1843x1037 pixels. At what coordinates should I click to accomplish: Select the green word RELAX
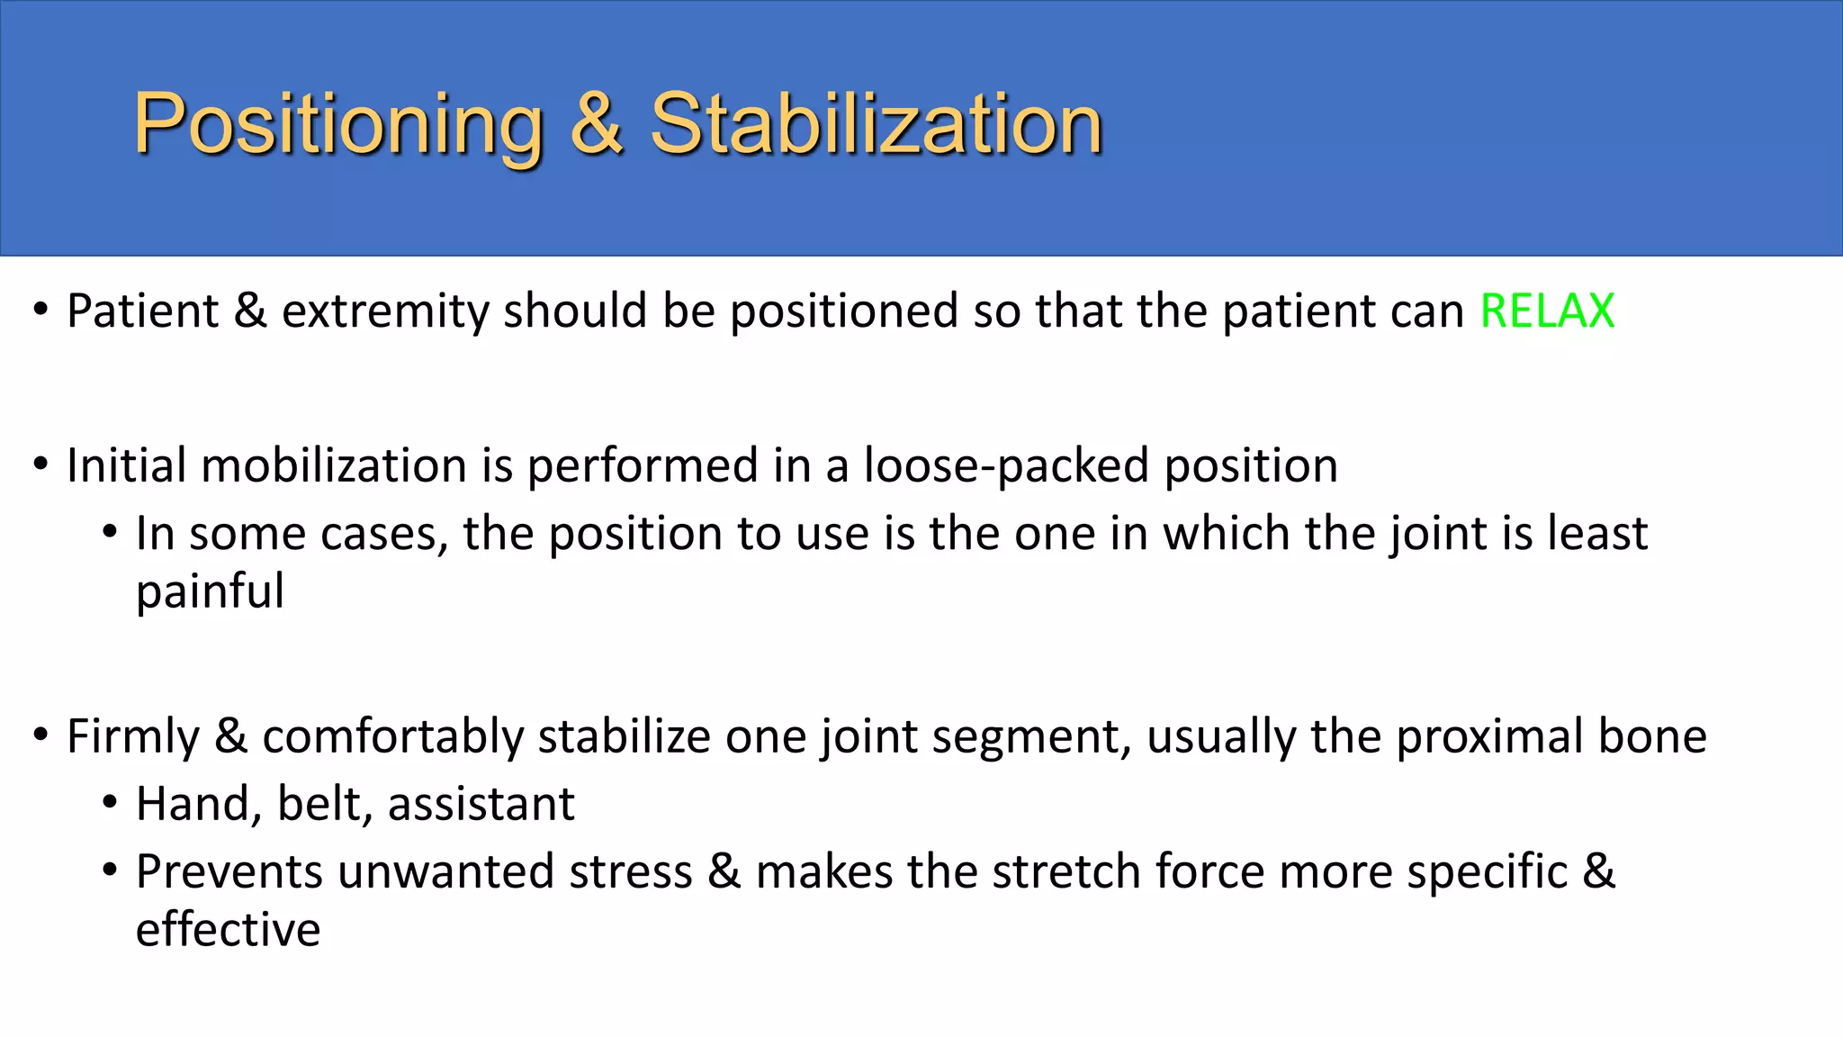pyautogui.click(x=1547, y=311)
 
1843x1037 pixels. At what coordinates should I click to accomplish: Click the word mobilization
pyautogui.click(x=334, y=466)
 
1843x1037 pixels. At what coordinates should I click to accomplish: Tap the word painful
pyautogui.click(x=210, y=591)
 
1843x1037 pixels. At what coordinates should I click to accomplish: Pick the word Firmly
pyautogui.click(x=133, y=737)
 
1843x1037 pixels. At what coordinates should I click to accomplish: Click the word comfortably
pyautogui.click(x=392, y=737)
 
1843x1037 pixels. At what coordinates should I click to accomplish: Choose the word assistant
pyautogui.click(x=481, y=804)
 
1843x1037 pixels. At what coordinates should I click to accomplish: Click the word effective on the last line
pyautogui.click(x=228, y=930)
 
